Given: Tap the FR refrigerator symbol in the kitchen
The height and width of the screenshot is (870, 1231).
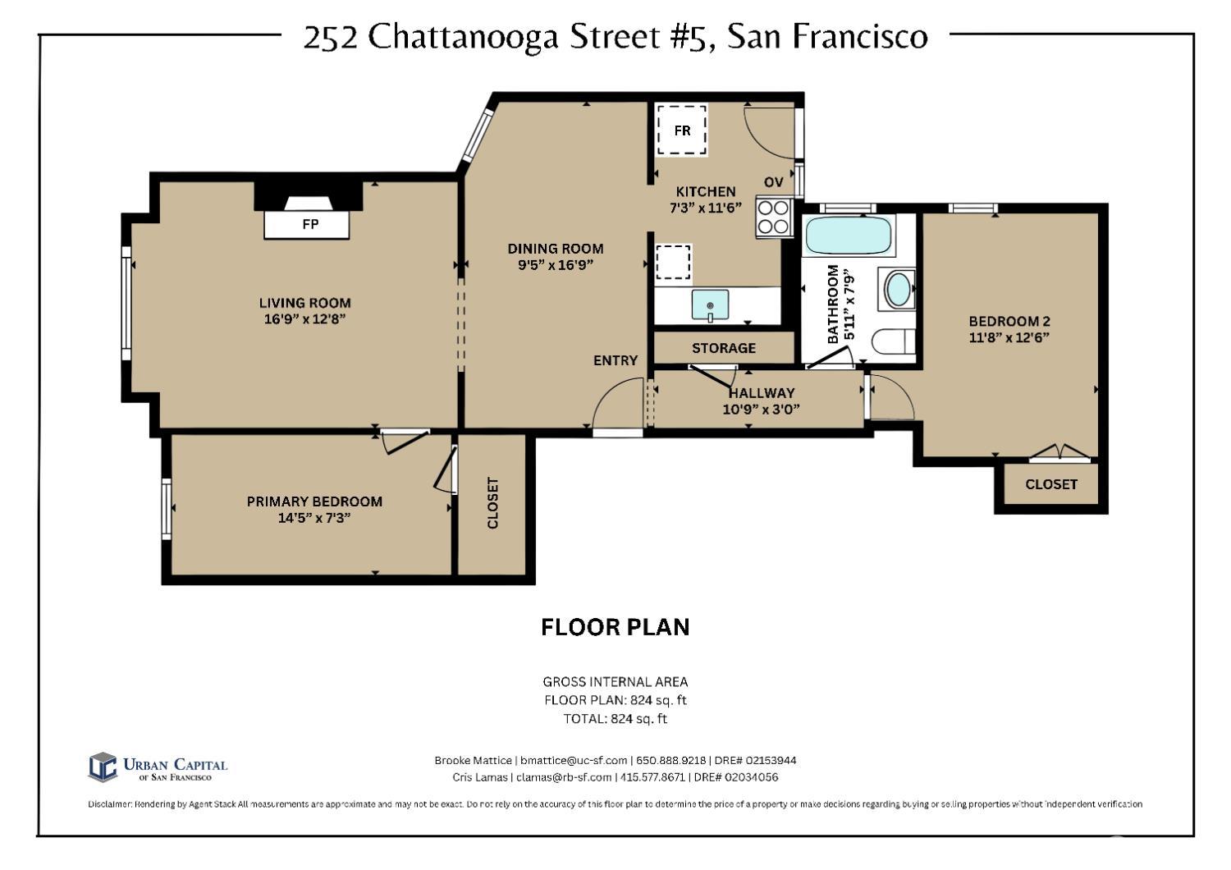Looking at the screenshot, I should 682,130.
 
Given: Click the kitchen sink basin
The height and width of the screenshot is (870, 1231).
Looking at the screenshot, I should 710,305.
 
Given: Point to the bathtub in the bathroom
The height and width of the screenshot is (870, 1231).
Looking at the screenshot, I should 848,236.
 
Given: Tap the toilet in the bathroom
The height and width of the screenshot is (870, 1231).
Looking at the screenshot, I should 892,341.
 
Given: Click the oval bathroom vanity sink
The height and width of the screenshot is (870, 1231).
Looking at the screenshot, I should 899,290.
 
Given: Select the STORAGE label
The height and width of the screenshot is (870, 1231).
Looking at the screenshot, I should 723,348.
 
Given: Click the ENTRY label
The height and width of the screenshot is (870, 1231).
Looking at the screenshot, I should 615,360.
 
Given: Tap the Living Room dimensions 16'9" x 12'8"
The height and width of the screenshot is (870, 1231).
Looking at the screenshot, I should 304,318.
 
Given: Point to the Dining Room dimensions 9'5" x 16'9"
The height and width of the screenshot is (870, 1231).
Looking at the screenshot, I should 556,264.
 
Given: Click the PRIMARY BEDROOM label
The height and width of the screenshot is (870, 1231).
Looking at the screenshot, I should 314,501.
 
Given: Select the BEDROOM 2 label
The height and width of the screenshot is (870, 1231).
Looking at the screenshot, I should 1009,322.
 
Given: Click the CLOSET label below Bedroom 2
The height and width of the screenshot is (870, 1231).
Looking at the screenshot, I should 1050,484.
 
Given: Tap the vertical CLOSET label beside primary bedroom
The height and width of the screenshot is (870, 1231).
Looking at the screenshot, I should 492,503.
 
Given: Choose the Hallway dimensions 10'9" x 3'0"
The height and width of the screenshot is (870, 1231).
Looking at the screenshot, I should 761,409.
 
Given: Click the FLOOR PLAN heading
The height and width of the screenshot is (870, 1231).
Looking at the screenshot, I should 615,627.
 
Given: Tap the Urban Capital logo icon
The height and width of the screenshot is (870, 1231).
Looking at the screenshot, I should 103,767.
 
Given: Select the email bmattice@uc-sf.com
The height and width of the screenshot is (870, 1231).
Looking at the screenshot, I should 573,761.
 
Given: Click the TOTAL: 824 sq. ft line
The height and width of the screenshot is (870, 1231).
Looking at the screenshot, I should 615,718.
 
